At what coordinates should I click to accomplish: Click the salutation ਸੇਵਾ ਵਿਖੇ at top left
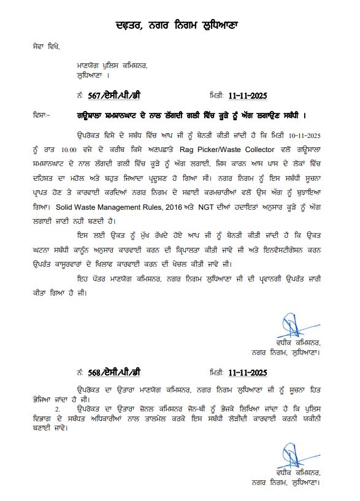47,46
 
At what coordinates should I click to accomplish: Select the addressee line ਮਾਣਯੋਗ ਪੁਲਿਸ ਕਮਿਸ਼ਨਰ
112,65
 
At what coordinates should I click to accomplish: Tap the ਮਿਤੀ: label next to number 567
216,96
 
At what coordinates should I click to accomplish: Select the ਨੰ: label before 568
80,372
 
